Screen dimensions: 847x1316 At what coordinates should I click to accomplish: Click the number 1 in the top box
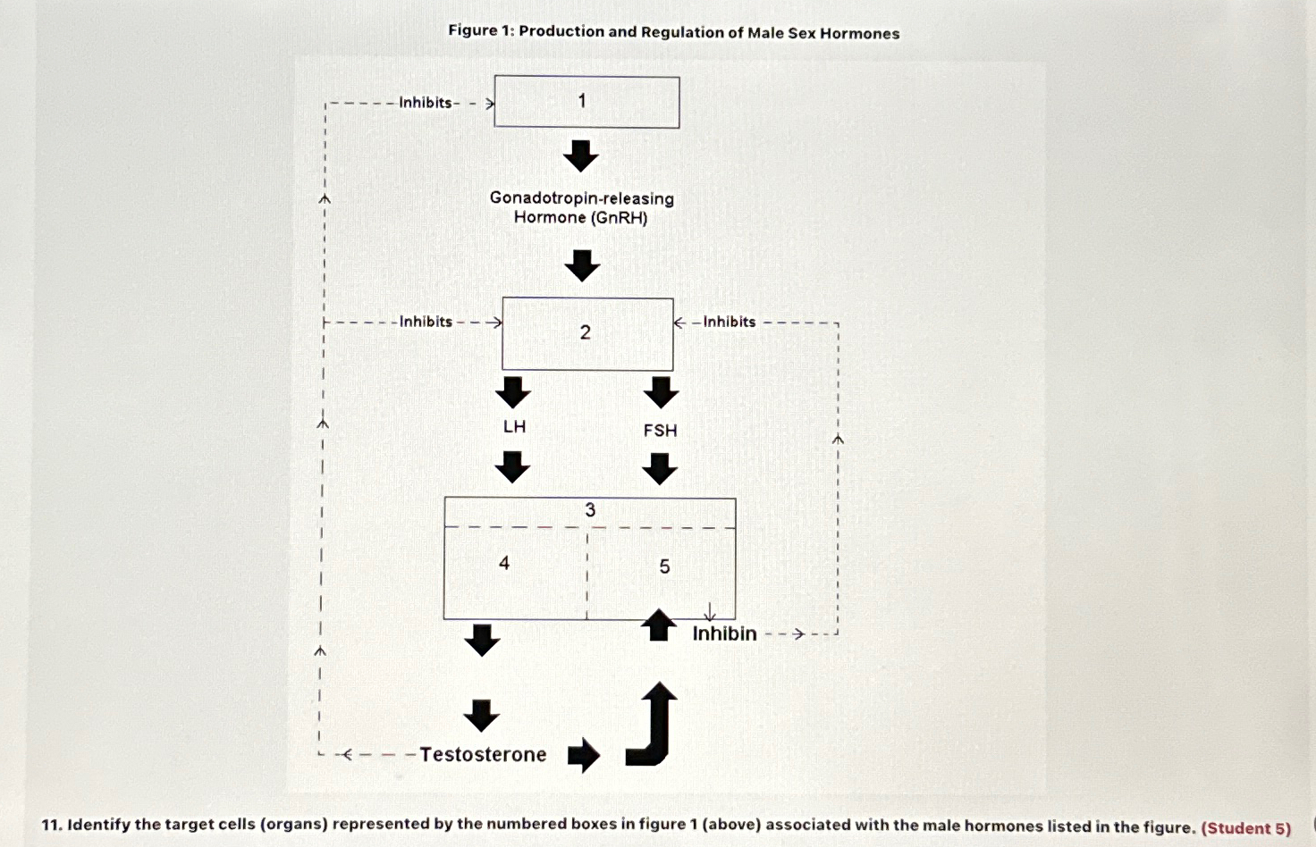coord(582,101)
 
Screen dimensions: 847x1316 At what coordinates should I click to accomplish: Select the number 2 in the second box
coord(586,332)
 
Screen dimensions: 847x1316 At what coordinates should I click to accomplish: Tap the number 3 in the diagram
coord(590,510)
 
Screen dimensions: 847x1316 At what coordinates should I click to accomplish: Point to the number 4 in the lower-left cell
coord(504,563)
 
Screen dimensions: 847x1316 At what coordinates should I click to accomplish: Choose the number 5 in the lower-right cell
coord(664,566)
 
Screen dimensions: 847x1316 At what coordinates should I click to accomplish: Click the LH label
coord(514,427)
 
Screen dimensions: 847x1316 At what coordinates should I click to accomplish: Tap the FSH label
coord(661,431)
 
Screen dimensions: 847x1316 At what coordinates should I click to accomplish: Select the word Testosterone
coord(483,755)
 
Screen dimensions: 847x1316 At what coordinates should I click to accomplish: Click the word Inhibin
coord(724,633)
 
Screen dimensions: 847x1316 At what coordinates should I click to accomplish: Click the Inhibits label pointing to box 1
coord(426,103)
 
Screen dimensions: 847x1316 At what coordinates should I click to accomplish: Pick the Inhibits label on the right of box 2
coord(729,322)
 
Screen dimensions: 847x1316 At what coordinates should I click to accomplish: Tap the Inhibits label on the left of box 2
coord(426,322)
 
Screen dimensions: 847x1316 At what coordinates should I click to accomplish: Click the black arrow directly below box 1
coord(581,156)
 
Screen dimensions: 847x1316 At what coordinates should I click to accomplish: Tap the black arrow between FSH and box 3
coord(661,469)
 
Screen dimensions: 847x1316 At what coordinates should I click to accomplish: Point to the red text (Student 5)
coord(1246,827)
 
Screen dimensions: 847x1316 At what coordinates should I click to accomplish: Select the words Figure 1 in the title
coord(481,31)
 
